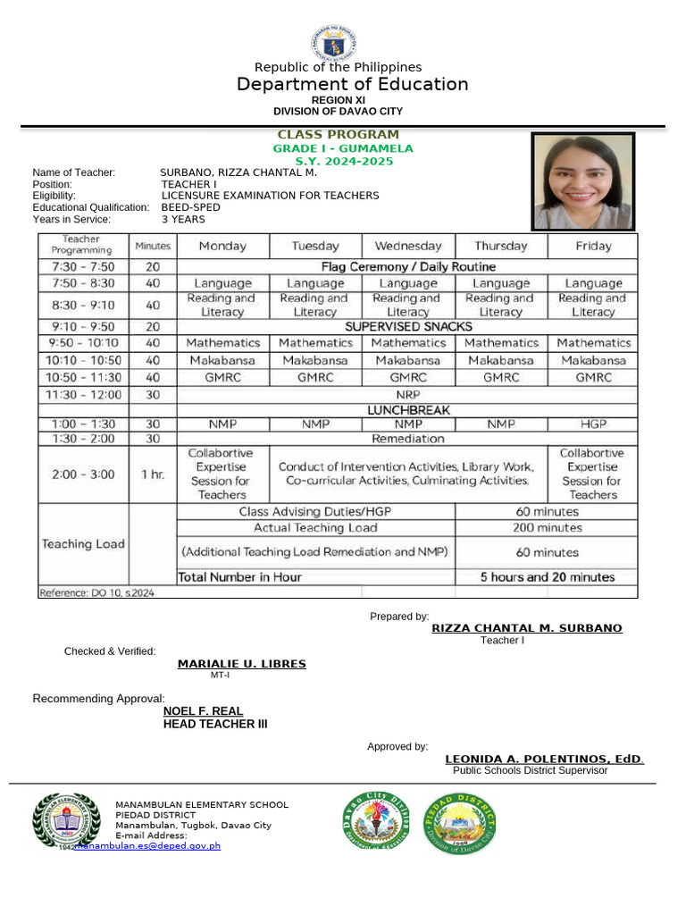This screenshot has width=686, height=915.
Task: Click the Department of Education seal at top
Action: (334, 43)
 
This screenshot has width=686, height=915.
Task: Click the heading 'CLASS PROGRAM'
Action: (338, 135)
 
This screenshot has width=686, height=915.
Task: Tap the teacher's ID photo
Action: (583, 181)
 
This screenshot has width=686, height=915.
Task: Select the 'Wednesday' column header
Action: (408, 246)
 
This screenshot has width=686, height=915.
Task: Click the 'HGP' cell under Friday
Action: (593, 424)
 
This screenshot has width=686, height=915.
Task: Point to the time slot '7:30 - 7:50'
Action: (83, 266)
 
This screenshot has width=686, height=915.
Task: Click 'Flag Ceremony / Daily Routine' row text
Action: (407, 266)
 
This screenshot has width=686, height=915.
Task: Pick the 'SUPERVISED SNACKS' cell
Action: (408, 327)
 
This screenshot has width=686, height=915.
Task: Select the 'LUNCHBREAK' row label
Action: (408, 410)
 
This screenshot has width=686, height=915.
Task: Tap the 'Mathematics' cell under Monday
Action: (223, 343)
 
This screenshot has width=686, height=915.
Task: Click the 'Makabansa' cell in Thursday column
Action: (501, 360)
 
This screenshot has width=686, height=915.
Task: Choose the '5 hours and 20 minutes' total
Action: (547, 577)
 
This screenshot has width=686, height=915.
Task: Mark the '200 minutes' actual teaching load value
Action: (547, 528)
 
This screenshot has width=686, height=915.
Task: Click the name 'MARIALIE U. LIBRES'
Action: (241, 664)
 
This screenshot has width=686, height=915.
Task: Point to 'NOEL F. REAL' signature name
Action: (203, 711)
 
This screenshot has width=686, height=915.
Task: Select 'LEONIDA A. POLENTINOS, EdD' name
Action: (544, 760)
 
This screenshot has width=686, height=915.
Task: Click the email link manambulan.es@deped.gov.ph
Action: (148, 845)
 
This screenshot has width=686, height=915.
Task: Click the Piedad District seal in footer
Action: (460, 822)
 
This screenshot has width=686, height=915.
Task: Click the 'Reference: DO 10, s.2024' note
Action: (96, 592)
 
